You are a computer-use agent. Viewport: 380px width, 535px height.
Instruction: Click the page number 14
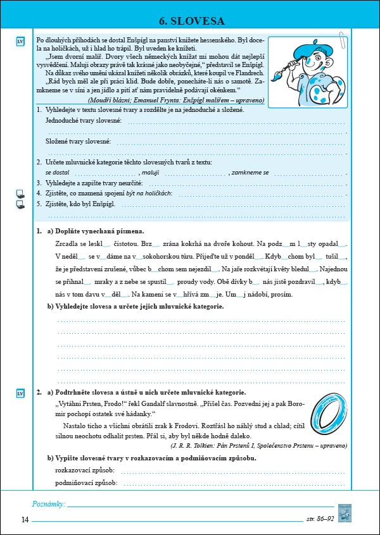click(x=25, y=520)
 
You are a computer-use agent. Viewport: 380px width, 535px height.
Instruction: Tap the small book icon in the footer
click(x=345, y=512)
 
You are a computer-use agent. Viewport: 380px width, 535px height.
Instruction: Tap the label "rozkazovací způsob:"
click(x=84, y=470)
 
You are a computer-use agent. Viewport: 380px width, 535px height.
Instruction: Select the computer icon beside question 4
click(x=20, y=194)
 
